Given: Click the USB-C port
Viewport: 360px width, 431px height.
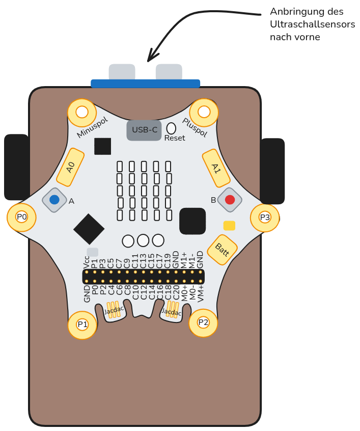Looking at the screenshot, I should pos(144,130).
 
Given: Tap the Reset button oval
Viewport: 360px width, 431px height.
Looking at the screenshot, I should pos(171,128).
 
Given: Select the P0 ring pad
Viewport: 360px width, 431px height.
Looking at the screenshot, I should pos(21,217).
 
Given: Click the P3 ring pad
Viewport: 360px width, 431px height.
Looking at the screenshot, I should pos(265,218).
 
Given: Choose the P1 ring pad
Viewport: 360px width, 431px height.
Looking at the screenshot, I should pos(82,325).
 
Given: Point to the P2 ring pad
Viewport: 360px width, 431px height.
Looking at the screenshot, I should pos(203,322).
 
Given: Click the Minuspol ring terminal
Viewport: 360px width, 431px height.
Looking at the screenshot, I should pos(81,113).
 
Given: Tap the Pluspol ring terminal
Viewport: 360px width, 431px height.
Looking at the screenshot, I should pos(204,112).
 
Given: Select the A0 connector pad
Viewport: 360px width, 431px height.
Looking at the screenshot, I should pos(70,167).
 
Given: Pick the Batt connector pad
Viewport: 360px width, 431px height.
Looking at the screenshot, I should pos(222,250).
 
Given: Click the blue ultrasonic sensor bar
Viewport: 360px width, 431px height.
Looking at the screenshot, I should pos(145,84).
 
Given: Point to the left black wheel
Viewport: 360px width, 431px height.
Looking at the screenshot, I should pos(16,167).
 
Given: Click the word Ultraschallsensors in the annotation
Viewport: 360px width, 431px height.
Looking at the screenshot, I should pos(312,24).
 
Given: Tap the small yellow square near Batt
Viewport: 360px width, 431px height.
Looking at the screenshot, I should pos(229,226).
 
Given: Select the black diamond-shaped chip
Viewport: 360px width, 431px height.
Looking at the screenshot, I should pos(89,229).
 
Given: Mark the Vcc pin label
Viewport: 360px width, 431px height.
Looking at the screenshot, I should pos(87,262).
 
